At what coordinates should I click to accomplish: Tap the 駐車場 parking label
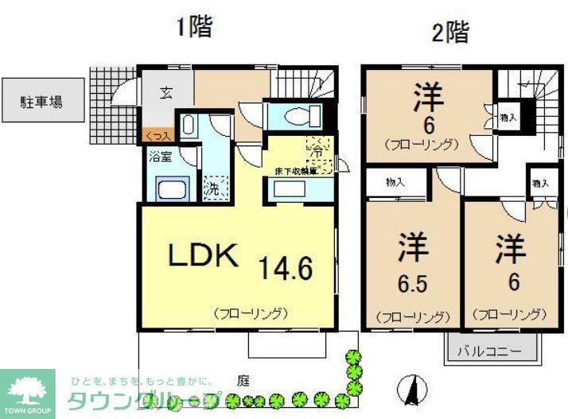coord(42,101)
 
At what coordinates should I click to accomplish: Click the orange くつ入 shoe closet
coord(157,137)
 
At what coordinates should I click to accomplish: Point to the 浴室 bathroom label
coord(161,156)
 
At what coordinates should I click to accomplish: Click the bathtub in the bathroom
coord(172,191)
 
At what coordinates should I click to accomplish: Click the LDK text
coord(202,256)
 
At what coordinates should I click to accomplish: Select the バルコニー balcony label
coord(492,351)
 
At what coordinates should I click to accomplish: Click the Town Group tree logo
coord(27,389)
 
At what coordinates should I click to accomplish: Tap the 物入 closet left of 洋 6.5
coord(395,182)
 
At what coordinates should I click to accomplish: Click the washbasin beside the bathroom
coord(189,124)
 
